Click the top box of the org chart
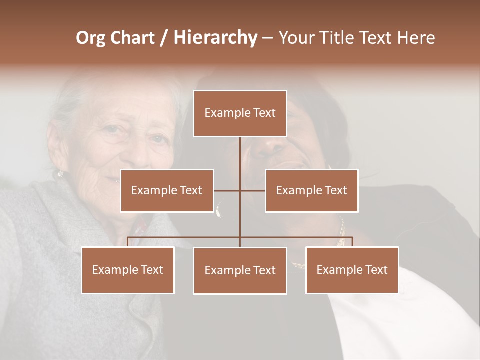pyautogui.click(x=240, y=113)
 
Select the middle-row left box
pyautogui.click(x=167, y=190)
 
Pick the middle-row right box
pyautogui.click(x=311, y=190)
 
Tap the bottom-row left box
pyautogui.click(x=128, y=270)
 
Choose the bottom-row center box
pyautogui.click(x=240, y=270)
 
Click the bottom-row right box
pyautogui.click(x=352, y=270)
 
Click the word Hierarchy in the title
pyautogui.click(x=215, y=38)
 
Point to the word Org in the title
pyautogui.click(x=90, y=38)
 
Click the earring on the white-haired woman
pyautogui.click(x=60, y=173)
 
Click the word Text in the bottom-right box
pyautogui.click(x=376, y=270)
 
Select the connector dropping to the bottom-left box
pyautogui.click(x=128, y=242)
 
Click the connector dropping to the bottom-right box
pyautogui.click(x=352, y=242)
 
